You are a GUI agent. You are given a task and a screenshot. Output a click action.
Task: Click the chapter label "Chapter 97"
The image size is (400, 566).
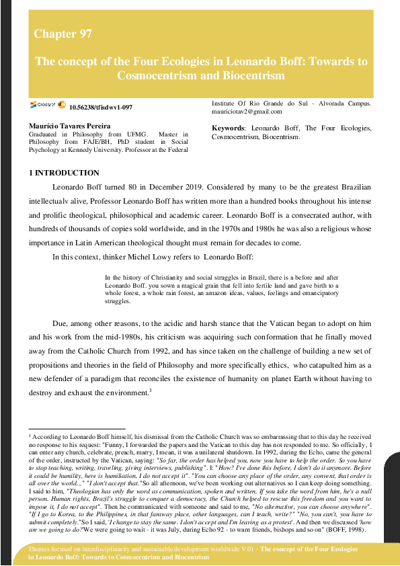coord(63,34)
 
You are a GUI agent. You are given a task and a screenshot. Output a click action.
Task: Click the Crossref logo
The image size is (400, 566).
coord(43,106)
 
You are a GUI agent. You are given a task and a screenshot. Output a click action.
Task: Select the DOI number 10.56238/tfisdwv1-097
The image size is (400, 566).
coord(101,108)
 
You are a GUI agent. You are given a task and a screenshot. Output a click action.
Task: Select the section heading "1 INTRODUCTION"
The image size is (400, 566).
coord(64,173)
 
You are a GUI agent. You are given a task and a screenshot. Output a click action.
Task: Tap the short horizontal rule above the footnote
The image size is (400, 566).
coord(77,428)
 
